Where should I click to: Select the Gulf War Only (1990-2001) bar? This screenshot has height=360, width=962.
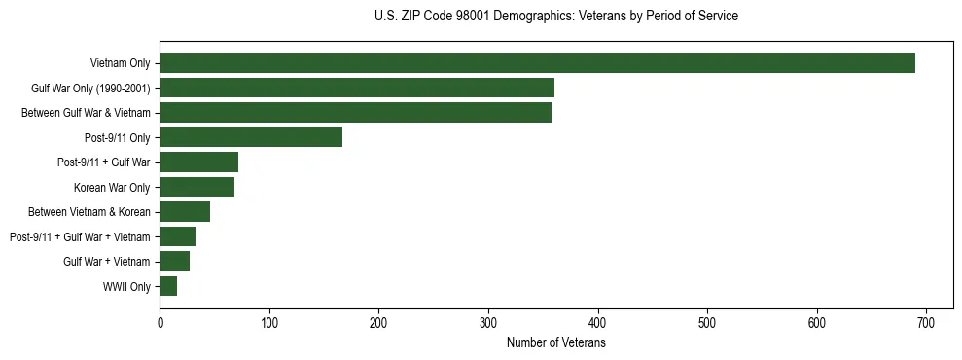(357, 88)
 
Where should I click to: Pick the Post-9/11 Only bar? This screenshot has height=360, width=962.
(251, 137)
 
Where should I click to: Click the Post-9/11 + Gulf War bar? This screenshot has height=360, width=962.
(198, 162)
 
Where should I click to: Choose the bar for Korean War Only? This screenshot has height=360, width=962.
(196, 187)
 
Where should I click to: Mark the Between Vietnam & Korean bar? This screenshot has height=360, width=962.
(185, 212)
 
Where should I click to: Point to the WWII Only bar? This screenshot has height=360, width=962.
(168, 286)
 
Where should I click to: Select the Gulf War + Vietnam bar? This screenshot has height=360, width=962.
(174, 262)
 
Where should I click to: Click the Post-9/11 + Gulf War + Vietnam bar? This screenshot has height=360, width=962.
(177, 236)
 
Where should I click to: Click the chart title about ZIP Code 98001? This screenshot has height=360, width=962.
(555, 17)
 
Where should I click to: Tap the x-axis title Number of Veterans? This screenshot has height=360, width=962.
(555, 343)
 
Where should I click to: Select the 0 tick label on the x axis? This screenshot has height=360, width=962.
(160, 323)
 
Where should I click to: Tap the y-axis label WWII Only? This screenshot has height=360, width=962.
(126, 286)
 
